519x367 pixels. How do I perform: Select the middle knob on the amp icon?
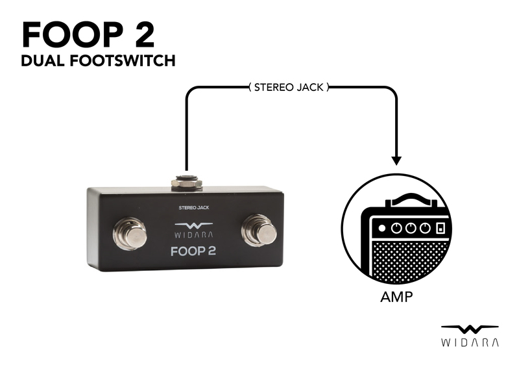[x=409, y=228]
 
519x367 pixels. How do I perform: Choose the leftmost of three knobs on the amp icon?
[x=396, y=228]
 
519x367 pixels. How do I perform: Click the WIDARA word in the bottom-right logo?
[x=469, y=342]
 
